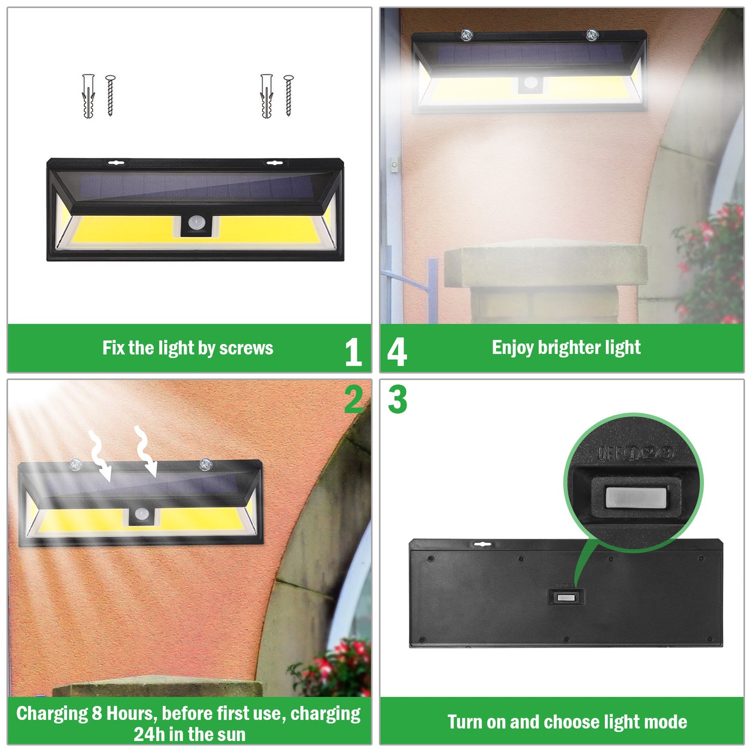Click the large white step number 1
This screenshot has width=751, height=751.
click(x=353, y=352)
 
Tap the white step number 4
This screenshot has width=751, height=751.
click(x=397, y=352)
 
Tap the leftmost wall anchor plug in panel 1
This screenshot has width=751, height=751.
click(x=89, y=96)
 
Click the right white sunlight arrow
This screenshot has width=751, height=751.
click(x=146, y=450)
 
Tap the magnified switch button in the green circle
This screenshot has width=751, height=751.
click(x=635, y=498)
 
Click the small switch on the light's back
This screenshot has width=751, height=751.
click(x=566, y=598)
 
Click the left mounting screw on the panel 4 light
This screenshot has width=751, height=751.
click(x=466, y=35)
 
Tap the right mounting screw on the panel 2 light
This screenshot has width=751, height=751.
click(x=205, y=464)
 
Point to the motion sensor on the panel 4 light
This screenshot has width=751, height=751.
click(x=531, y=83)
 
